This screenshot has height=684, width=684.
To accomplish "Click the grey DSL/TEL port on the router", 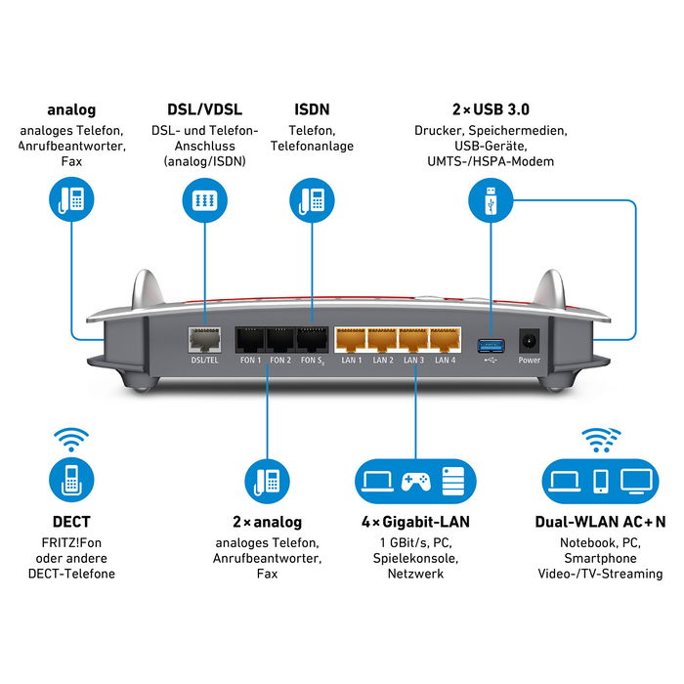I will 204,339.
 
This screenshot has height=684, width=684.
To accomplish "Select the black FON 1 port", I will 251,339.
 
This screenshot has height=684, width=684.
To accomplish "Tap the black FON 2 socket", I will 281,339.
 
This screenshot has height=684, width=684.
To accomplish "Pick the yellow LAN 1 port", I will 350,339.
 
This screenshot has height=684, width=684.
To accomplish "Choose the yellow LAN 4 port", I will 445,339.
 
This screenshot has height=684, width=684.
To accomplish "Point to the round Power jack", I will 529,340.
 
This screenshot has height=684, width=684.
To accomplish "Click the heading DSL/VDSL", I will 204,109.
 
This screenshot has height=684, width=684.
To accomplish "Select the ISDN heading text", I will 312,109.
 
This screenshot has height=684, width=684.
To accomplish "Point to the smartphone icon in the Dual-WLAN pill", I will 600,481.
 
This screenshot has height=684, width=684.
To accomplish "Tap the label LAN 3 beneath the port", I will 413,361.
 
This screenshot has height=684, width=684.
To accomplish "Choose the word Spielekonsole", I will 414,558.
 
